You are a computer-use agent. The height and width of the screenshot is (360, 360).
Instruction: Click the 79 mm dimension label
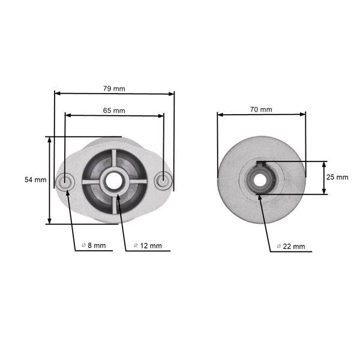tap(114, 89)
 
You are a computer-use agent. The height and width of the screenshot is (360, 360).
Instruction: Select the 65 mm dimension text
tap(114, 110)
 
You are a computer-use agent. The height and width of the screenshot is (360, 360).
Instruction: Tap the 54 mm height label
tap(35, 179)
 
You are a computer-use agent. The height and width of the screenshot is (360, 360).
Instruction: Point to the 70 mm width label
tap(261, 109)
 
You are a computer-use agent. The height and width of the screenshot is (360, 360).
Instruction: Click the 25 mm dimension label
tap(337, 178)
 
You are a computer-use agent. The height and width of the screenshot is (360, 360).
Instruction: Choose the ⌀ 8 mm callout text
tap(94, 245)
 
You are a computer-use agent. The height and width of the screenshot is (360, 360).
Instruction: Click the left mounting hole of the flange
tap(65, 181)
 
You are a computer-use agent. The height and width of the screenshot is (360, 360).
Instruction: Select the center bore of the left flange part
tap(114, 180)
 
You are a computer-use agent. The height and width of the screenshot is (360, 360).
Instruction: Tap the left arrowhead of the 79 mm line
tap(57, 94)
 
